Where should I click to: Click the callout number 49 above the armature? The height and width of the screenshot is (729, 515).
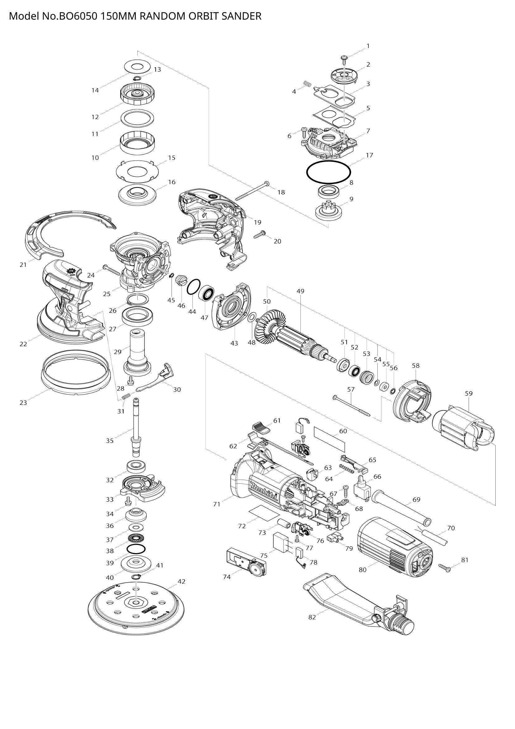[x=300, y=291]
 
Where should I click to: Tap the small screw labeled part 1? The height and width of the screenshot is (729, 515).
[x=344, y=58]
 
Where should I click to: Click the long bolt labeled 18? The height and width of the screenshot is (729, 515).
[x=252, y=191]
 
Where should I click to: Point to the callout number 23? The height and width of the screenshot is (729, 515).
[x=23, y=403]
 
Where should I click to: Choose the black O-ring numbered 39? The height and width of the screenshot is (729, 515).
[x=136, y=548]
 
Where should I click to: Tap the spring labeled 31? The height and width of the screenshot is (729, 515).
[x=126, y=396]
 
